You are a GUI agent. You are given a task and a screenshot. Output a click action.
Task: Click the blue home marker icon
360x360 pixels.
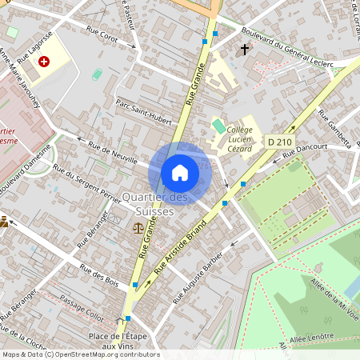[180, 173]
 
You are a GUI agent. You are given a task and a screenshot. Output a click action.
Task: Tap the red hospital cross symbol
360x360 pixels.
[44, 61]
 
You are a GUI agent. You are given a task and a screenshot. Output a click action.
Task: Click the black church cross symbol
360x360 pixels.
[244, 50]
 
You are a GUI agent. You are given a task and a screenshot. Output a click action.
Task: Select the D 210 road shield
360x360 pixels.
[279, 142]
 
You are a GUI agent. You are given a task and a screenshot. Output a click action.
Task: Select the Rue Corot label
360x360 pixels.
[102, 36]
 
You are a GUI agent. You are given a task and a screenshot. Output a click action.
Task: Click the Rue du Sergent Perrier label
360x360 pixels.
[87, 183]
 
